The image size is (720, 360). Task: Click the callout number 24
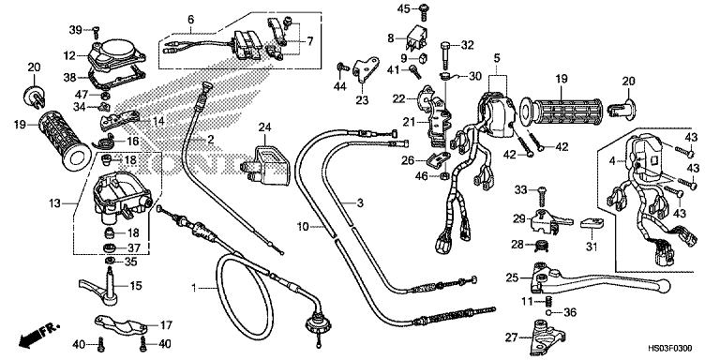pyautogui.click(x=264, y=127)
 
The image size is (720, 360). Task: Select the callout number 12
pyautogui.click(x=69, y=55)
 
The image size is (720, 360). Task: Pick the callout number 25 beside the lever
pyautogui.click(x=511, y=277)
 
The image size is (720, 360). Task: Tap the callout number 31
pyautogui.click(x=591, y=247)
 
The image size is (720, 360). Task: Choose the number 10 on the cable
pyautogui.click(x=303, y=226)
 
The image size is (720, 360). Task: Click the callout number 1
pyautogui.click(x=194, y=287)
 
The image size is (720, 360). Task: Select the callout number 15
pyautogui.click(x=135, y=286)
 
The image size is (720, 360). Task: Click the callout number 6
pyautogui.click(x=190, y=20)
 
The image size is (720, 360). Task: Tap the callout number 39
pyautogui.click(x=74, y=30)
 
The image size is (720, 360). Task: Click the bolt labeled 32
pyautogui.click(x=444, y=47)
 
